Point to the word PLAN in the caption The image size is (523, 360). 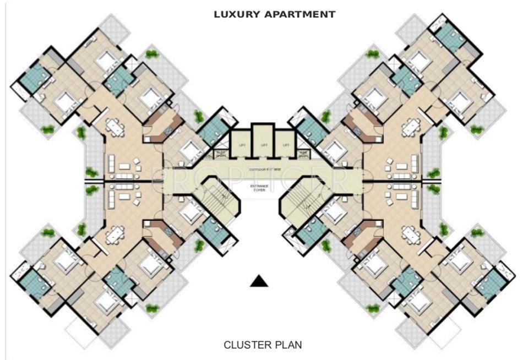click(287, 345)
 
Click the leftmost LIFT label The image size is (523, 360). click(241, 145)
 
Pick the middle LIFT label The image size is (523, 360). click(264, 145)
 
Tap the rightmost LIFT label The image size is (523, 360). click(286, 145)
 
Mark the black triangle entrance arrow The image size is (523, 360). click(259, 281)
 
